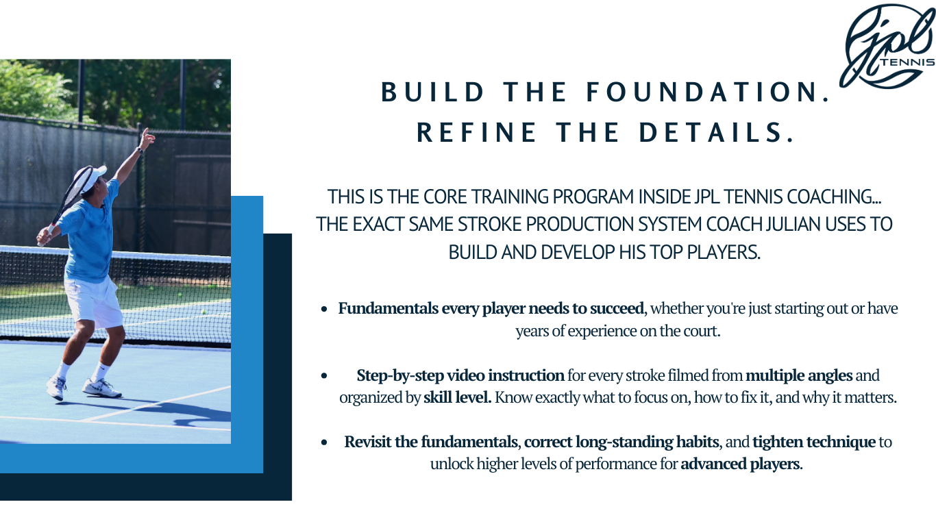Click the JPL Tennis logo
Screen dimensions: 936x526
pyautogui.click(x=887, y=46)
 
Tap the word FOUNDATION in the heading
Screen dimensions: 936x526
pyautogui.click(x=709, y=92)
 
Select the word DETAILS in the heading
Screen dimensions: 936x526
pyautogui.click(x=716, y=132)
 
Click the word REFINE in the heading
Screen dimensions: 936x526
pyautogui.click(x=477, y=132)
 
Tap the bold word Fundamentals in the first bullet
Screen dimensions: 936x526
pyautogui.click(x=389, y=308)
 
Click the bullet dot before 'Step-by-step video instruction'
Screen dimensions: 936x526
pyautogui.click(x=324, y=375)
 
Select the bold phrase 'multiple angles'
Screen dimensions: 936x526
pyautogui.click(x=799, y=375)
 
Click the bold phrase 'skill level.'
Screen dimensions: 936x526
pyautogui.click(x=457, y=397)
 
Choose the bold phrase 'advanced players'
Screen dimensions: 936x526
pyautogui.click(x=740, y=464)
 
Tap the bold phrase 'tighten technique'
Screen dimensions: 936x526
pyautogui.click(x=814, y=442)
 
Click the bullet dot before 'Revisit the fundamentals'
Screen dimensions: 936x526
pyautogui.click(x=324, y=442)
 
